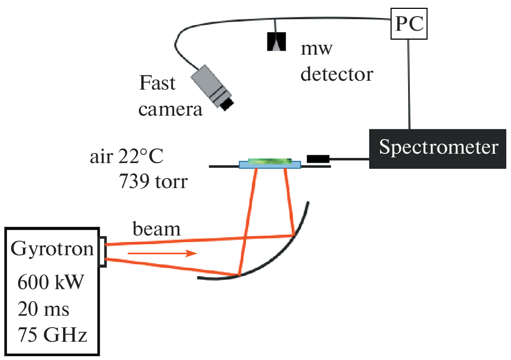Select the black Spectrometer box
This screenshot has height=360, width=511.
pos(437,148)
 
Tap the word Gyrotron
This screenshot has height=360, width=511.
pos(52,250)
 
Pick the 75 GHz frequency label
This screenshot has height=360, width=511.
pos(52,334)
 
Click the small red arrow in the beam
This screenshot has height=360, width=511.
pos(163,254)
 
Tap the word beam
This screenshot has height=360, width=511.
pos(156,229)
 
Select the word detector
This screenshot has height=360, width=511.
pos(337,74)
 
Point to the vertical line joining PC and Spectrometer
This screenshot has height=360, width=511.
pos(409,83)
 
